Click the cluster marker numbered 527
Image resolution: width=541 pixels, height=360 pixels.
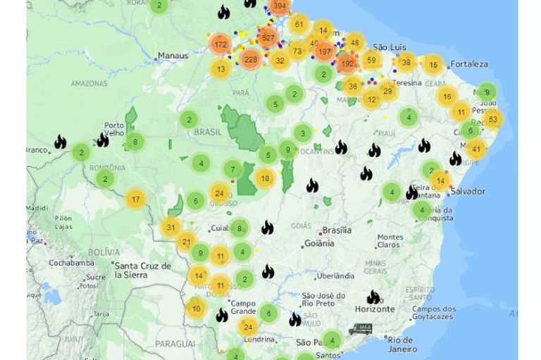coord(268,37)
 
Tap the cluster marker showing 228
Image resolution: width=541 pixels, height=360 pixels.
coord(250,60)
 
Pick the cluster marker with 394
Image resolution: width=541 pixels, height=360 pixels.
coord(280,7)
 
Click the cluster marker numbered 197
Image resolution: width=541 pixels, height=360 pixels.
coord(325,51)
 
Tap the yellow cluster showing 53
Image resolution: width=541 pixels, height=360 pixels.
coord(492,119)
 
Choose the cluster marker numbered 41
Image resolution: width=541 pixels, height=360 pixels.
coord(477,148)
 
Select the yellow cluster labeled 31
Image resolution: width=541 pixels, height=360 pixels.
coord(171,227)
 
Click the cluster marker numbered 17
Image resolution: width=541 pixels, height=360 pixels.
coord(136,199)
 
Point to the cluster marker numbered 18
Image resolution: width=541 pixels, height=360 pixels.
coord(265,179)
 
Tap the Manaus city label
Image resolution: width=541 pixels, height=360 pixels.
coord(173,55)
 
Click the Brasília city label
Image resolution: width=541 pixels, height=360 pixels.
coord(336,231)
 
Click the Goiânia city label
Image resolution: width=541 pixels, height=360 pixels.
coord(318,244)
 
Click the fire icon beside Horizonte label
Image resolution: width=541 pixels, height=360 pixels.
coord(373,297)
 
